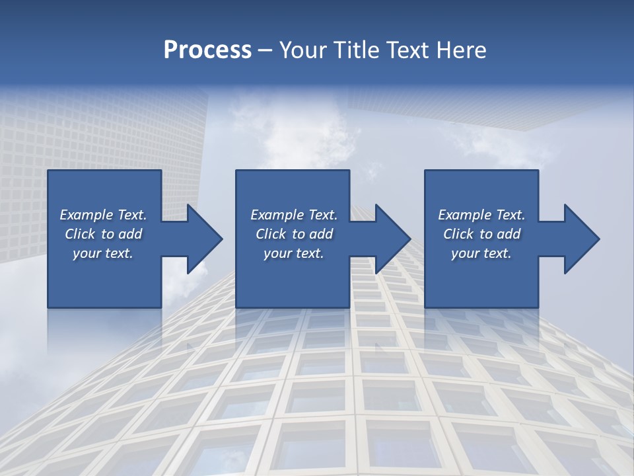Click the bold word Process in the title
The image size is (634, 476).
207,50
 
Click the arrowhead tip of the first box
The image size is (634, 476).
222,239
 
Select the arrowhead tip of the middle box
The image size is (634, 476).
410,239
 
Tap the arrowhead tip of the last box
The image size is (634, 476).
599,239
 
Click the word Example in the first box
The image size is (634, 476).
87,215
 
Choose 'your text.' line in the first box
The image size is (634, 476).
103,253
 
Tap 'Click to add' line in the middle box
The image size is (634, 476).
294,234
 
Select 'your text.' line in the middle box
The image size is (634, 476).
294,253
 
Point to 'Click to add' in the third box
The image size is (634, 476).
481,234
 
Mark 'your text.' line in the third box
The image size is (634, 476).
481,253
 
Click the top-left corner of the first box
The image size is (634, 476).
48,171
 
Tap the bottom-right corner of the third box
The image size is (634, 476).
538,307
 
